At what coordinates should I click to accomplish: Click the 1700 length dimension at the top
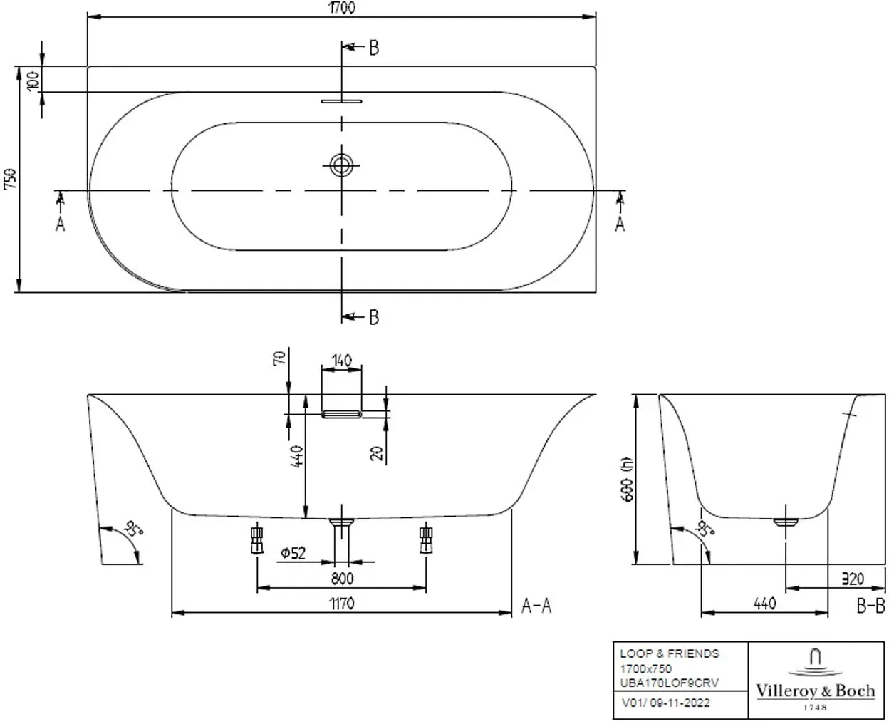click(x=342, y=8)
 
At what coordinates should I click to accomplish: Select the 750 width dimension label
click(x=10, y=179)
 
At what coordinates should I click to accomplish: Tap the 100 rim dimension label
click(x=33, y=81)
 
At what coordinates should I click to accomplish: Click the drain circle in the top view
click(x=341, y=165)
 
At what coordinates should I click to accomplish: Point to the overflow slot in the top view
click(x=341, y=101)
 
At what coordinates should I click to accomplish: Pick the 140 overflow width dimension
click(x=341, y=361)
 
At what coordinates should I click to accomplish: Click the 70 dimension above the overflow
click(x=279, y=358)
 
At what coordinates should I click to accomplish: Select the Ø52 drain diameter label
click(x=293, y=553)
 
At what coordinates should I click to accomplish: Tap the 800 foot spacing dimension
click(x=342, y=579)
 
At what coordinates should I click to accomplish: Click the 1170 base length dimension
click(x=342, y=604)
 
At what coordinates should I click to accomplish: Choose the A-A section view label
click(x=536, y=606)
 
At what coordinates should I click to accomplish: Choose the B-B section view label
click(x=870, y=606)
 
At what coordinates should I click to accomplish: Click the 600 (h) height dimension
click(x=627, y=479)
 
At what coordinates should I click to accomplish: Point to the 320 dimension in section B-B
click(x=852, y=579)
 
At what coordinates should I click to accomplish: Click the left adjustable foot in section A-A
click(x=257, y=540)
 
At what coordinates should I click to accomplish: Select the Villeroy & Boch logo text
click(x=816, y=691)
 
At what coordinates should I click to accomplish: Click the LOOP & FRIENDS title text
click(x=670, y=653)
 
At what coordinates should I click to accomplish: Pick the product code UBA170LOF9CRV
click(x=669, y=683)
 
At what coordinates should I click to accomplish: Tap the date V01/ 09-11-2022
click(x=666, y=703)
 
